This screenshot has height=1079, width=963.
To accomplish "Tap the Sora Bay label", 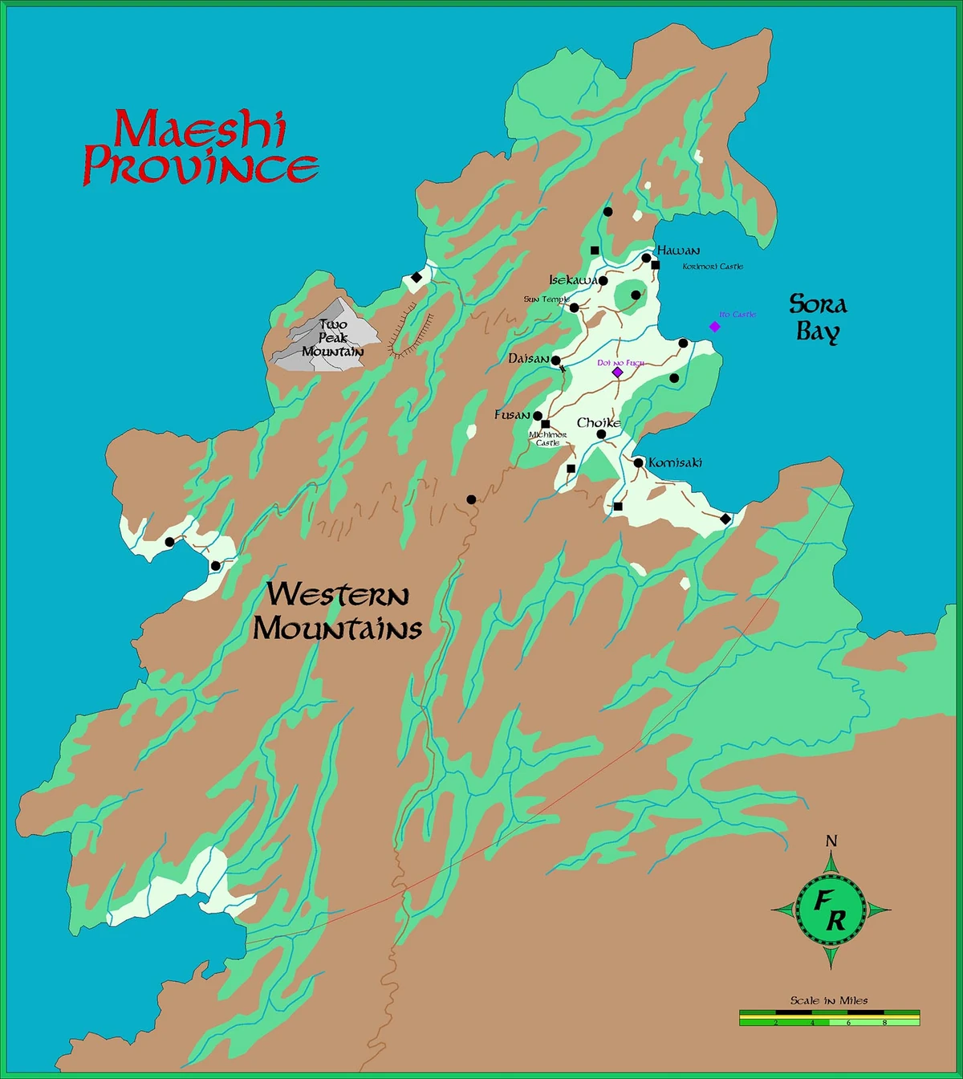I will point(818,317).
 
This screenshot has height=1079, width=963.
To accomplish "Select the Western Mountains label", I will point(337,611).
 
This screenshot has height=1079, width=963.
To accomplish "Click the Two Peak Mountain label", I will point(333,338).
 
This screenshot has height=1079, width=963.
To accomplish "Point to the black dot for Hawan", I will point(646,258).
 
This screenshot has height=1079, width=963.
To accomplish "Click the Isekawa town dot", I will point(603,281).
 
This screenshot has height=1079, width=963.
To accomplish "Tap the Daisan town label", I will point(529,359).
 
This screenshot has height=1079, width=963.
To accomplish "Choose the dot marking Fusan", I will point(538,416).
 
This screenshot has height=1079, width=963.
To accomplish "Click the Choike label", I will point(599,422).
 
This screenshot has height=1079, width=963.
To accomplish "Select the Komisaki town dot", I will point(638,462).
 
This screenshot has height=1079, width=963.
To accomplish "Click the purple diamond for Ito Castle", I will point(714,327).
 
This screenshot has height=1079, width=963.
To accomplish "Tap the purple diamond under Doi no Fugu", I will point(617,373).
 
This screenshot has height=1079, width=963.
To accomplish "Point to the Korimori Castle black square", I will point(655,265).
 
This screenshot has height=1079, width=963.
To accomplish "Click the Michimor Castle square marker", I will point(546,424).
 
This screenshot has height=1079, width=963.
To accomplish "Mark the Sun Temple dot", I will point(574,307).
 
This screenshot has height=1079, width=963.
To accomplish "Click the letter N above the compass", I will point(831,841).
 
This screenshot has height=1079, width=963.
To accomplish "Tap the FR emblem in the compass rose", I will point(831,910).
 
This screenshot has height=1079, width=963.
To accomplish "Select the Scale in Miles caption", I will point(829,1000).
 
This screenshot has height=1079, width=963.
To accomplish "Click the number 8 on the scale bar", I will point(884,1023).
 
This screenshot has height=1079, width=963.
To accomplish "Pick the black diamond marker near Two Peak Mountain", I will point(416,278).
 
